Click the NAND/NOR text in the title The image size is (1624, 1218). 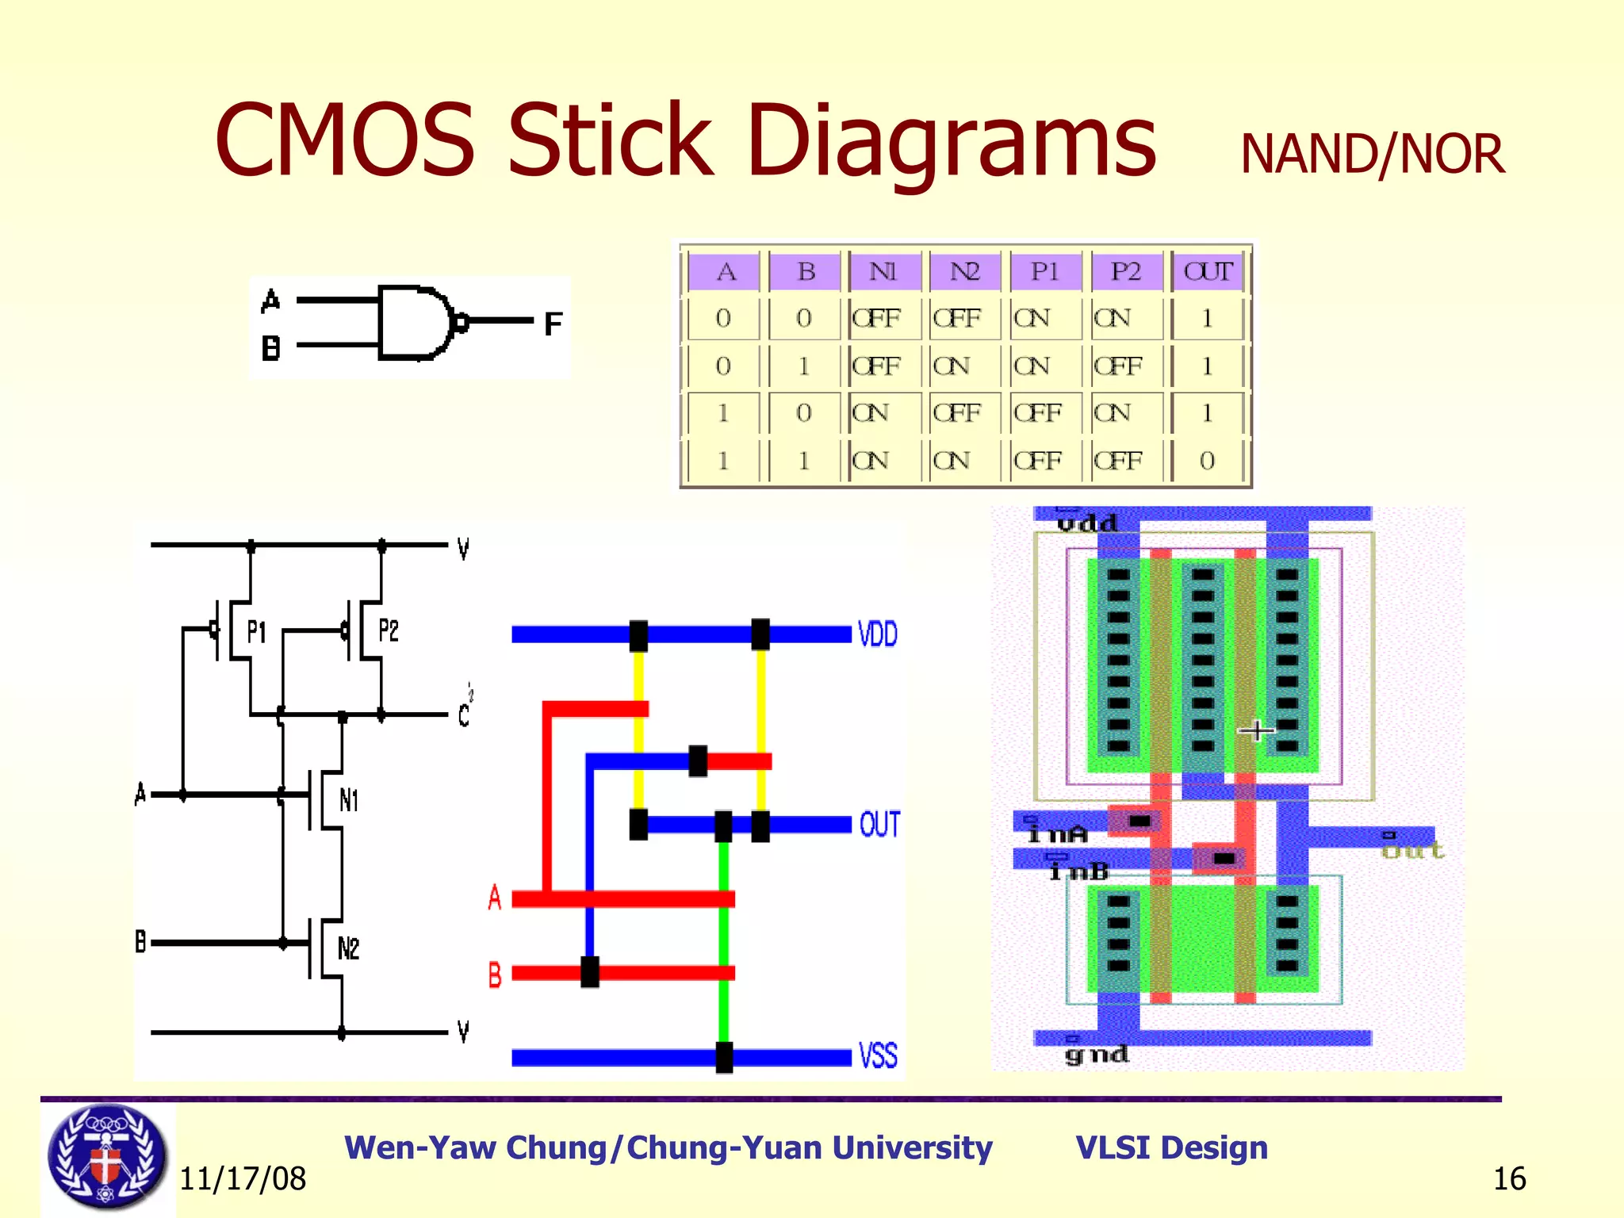point(1372,154)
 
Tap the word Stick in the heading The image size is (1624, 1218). point(611,141)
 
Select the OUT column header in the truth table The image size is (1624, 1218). point(1207,271)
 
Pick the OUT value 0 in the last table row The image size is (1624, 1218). point(1207,461)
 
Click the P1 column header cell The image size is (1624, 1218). point(1045,271)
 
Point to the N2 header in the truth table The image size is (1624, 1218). point(965,271)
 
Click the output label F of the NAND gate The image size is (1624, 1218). point(553,324)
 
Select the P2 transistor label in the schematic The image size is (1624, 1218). point(388,631)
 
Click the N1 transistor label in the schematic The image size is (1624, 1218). point(349,800)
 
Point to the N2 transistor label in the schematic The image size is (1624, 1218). point(348,948)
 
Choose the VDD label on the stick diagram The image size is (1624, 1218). point(878,634)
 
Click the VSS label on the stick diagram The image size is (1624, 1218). point(878,1056)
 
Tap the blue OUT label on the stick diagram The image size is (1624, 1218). point(879,825)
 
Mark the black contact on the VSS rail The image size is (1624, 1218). point(724,1057)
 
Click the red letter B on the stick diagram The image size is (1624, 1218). point(495,974)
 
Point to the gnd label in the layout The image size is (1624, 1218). point(1096,1055)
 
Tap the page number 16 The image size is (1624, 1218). point(1509,1179)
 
